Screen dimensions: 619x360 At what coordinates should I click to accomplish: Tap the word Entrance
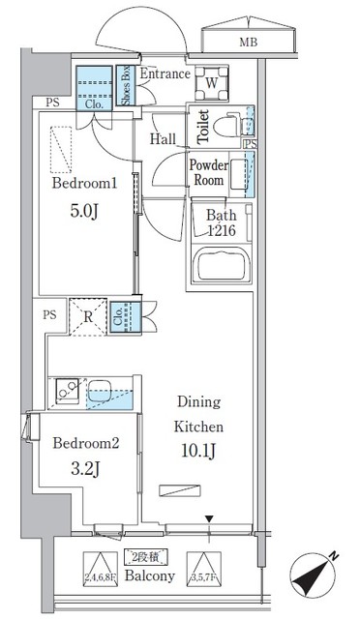tap(164, 74)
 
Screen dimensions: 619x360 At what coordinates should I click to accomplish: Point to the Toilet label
tap(203, 127)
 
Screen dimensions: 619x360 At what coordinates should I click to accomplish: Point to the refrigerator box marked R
tap(88, 316)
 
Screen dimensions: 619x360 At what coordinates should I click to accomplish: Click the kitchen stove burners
tap(68, 393)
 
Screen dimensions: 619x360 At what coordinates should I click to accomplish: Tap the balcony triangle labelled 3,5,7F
tap(199, 564)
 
